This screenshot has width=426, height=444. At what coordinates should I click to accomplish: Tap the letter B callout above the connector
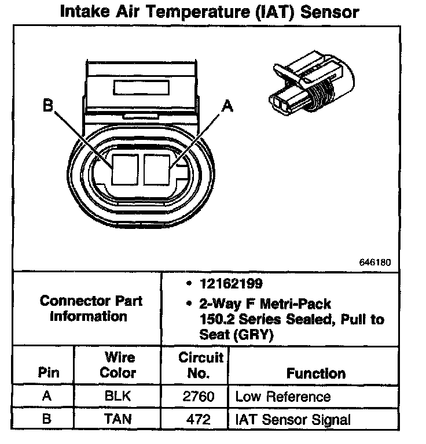pos(48,106)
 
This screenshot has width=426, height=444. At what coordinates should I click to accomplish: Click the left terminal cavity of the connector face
pos(124,169)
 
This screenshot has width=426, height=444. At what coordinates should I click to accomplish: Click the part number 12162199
pos(230,284)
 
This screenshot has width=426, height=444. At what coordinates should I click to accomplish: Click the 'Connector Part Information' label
pos(91,309)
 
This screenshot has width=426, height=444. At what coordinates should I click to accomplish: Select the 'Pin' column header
pos(49,373)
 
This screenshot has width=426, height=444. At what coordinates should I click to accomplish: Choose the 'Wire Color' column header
pos(117,365)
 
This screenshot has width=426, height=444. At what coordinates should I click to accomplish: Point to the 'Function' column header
pos(316,373)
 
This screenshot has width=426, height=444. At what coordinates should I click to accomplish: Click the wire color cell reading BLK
pos(117,397)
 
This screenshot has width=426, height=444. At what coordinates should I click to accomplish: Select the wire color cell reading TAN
pos(117,419)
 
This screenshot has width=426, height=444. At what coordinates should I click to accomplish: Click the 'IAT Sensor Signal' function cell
pos(293,419)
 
